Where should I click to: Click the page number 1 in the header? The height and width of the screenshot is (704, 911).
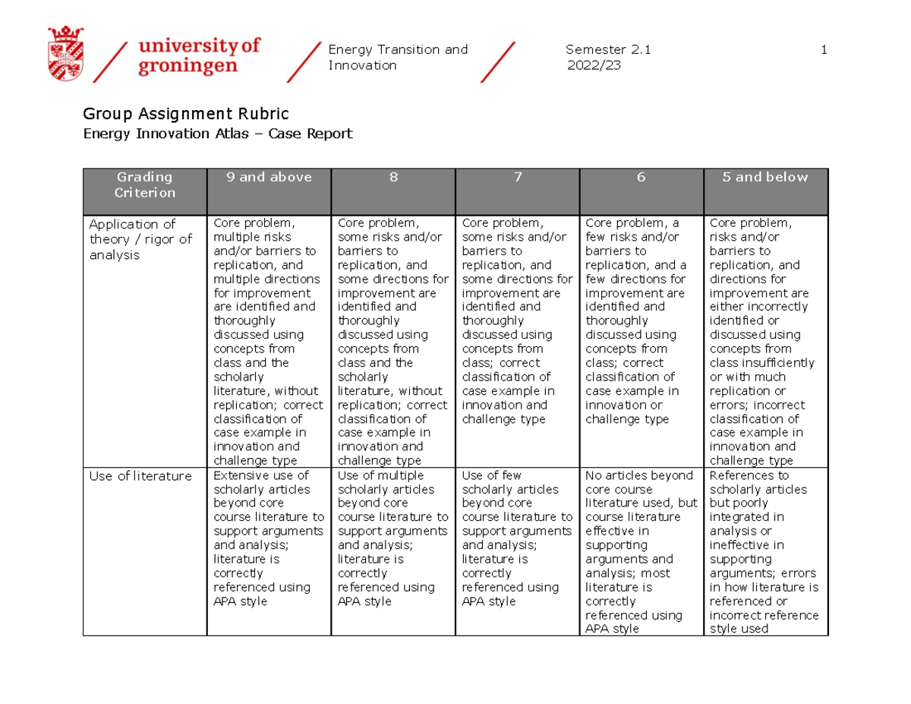pos(824,50)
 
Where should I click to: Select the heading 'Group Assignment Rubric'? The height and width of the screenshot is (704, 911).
pos(186,115)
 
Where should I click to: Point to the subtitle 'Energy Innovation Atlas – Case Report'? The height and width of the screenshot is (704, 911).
pos(218,134)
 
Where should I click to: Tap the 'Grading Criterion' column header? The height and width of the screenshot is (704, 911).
pos(144,185)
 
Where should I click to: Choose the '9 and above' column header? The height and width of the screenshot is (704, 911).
pos(269,178)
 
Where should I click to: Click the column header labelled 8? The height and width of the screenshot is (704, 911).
pos(393,178)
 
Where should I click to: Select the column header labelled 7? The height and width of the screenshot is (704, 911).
pos(517,178)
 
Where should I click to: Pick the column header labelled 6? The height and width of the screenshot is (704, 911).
pos(641,178)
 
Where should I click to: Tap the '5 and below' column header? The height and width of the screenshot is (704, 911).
pos(765,178)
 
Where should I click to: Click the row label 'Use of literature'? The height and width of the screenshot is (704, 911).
pos(140,476)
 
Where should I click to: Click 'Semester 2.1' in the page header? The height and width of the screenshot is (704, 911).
pos(608,50)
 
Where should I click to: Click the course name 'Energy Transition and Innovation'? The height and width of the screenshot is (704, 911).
pos(397,58)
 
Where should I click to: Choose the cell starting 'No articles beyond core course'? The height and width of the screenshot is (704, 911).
pos(641,551)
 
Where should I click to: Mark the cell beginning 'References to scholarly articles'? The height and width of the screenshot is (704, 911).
pos(764,551)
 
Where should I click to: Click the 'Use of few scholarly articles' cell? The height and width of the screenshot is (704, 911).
pos(516,538)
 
